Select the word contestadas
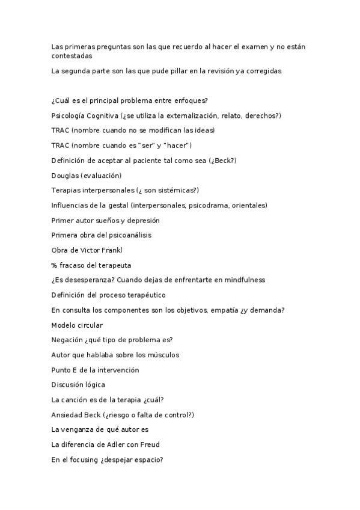point(72,56)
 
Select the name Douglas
point(64,176)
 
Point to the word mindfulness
point(243,280)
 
